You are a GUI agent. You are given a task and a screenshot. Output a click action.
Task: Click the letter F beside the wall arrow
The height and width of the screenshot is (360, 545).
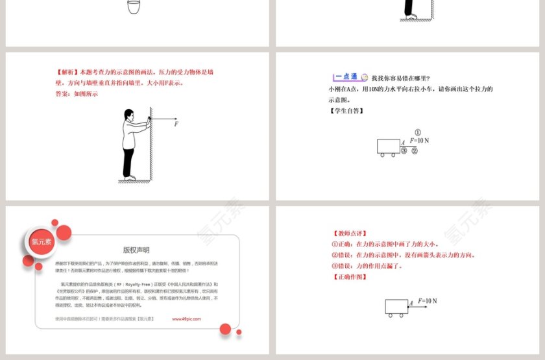tap(176, 124)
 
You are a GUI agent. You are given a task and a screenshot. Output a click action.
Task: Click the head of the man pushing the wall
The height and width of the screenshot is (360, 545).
tap(128, 115)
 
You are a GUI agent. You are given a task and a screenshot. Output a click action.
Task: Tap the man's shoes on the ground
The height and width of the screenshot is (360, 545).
tap(130, 176)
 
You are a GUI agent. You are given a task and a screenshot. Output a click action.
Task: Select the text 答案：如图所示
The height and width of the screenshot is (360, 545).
tap(77, 93)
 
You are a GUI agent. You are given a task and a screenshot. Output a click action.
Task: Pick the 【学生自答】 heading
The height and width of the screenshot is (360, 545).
tap(345, 111)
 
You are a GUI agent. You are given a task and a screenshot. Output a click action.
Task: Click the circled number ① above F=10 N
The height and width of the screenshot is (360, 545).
tap(418, 132)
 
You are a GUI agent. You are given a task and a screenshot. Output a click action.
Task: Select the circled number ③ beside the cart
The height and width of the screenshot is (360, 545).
tap(404, 151)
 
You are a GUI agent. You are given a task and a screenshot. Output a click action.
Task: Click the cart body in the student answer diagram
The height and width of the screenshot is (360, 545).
tap(388, 146)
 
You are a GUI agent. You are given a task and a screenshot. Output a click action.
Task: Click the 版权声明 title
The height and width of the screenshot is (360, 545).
tap(136, 250)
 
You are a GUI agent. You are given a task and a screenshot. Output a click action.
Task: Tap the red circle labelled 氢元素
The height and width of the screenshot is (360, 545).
tap(36, 241)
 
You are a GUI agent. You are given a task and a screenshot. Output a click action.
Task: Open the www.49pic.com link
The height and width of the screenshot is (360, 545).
tap(186, 319)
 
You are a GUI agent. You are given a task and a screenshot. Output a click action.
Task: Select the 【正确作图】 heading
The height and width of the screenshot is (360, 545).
tap(350, 277)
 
